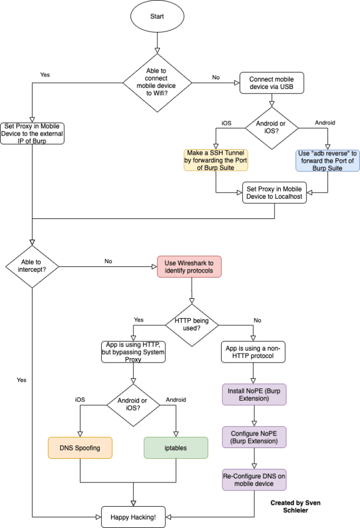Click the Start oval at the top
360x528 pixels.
coord(157,16)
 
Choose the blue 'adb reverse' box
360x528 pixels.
coord(327,160)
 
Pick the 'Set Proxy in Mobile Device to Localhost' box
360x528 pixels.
coord(274,192)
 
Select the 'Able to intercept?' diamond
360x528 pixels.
coord(32,265)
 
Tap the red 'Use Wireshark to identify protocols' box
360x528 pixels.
coord(189,266)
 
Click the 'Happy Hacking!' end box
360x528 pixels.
coord(133,516)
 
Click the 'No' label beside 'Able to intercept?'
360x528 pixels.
coord(108,261)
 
